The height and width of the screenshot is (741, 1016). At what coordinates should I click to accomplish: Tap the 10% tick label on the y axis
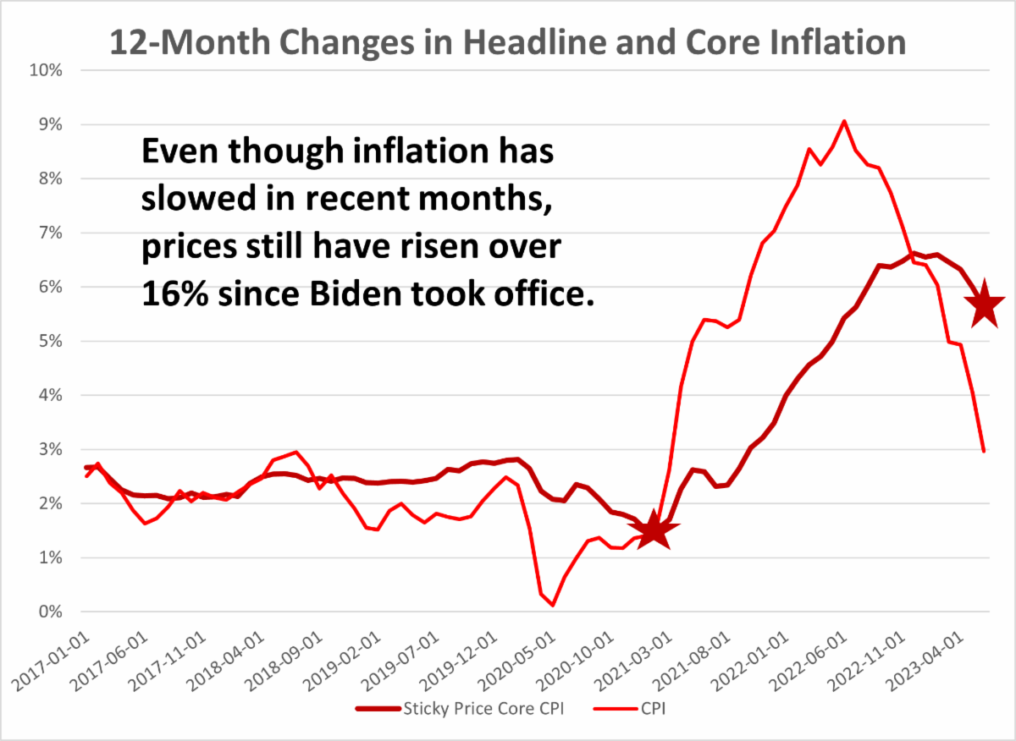click(45, 70)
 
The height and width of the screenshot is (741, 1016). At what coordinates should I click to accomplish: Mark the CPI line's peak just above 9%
click(843, 121)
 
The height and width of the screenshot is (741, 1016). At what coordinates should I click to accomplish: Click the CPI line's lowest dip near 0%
click(552, 605)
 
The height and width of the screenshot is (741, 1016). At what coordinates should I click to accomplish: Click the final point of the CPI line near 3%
click(984, 452)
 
